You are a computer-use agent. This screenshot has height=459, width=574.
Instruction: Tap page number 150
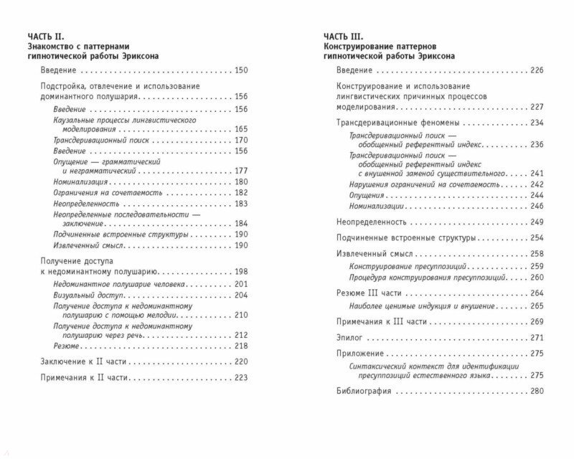pyautogui.click(x=240, y=70)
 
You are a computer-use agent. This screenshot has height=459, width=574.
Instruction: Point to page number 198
pyautogui.click(x=240, y=272)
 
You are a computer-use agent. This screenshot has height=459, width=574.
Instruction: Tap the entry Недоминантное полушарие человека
pyautogui.click(x=120, y=284)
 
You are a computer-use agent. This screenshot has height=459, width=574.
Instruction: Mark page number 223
pyautogui.click(x=240, y=377)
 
